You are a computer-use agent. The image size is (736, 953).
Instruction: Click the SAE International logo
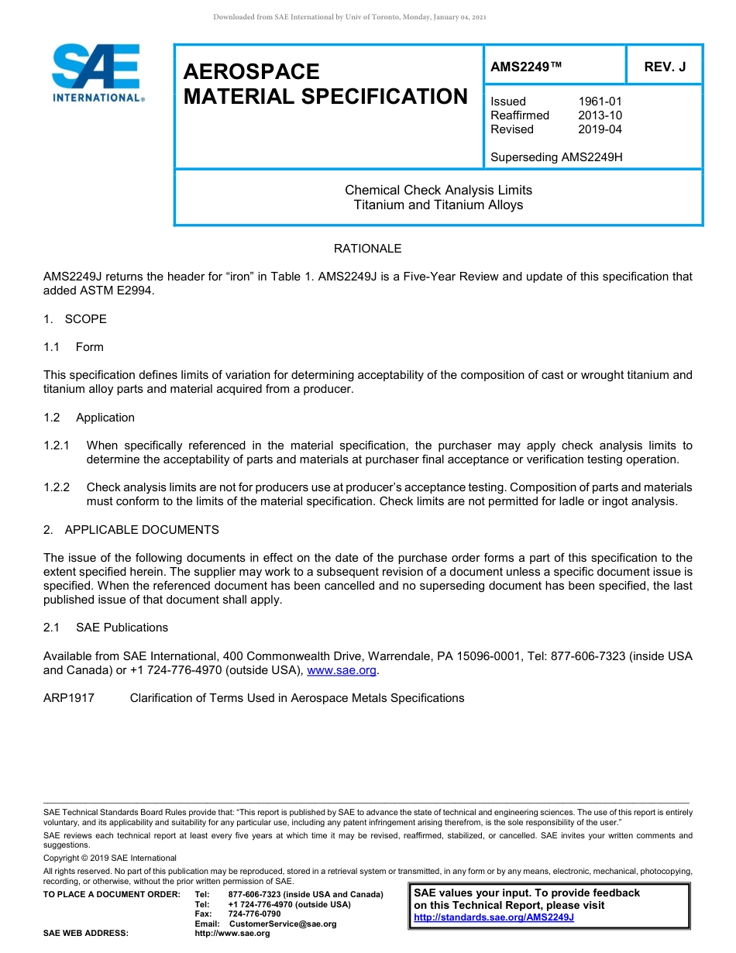click(97, 73)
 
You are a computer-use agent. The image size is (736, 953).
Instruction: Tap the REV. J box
click(665, 67)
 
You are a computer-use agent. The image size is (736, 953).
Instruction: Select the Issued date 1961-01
click(600, 101)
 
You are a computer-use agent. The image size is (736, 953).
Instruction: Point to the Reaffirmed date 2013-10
click(600, 115)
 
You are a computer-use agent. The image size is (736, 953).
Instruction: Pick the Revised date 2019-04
click(600, 129)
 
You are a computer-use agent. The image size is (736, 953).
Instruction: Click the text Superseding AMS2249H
click(556, 157)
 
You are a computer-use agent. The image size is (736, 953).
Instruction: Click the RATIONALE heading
click(367, 249)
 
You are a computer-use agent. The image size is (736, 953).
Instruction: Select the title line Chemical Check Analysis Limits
click(438, 190)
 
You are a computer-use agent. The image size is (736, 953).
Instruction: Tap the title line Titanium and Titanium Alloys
click(438, 205)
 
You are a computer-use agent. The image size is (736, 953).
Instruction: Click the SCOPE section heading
click(85, 319)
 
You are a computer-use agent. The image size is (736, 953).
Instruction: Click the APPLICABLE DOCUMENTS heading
click(141, 530)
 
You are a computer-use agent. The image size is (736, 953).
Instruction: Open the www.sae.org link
click(342, 670)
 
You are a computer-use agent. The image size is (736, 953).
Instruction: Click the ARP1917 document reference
click(69, 698)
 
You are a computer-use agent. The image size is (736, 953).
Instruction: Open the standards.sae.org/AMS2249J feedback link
click(494, 917)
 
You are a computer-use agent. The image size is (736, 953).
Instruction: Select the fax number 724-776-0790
click(254, 914)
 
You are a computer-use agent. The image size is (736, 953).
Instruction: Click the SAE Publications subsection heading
click(122, 628)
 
